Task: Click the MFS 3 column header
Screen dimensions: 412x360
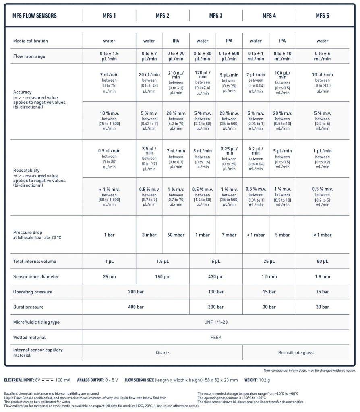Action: [x=215, y=16]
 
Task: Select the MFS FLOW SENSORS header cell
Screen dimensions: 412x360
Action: [x=35, y=16]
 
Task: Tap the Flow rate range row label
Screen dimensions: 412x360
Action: [x=29, y=56]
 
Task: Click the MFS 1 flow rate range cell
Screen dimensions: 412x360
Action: [x=109, y=56]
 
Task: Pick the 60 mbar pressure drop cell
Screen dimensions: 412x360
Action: [x=176, y=235]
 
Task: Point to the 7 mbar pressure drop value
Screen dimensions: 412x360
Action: [x=229, y=235]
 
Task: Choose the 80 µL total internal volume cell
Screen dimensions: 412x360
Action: [x=322, y=262]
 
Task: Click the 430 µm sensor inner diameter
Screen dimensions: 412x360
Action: [x=215, y=277]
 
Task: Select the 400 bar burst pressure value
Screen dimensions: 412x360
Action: [x=136, y=307]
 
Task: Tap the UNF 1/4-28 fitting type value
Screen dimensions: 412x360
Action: [x=215, y=322]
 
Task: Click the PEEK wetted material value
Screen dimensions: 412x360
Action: [x=215, y=338]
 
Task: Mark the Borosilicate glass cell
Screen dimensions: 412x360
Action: [x=296, y=353]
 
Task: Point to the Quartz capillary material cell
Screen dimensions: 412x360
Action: [x=162, y=353]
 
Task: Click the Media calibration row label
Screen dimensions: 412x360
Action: [x=31, y=41]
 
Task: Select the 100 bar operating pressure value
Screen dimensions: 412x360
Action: [x=215, y=292]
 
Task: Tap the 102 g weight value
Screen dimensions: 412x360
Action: [x=264, y=380]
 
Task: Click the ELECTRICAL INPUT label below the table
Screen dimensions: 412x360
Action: [x=19, y=380]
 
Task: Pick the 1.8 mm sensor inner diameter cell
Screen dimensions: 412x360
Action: [x=322, y=277]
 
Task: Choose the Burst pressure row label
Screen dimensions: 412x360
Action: [x=29, y=307]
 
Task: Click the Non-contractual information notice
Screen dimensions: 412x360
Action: [x=309, y=370]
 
